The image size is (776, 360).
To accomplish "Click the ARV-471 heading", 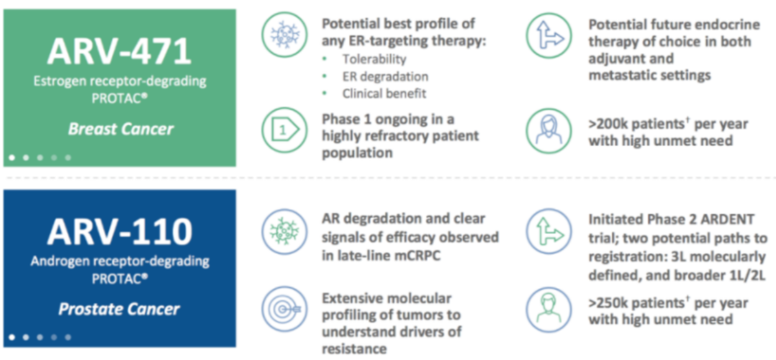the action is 119,52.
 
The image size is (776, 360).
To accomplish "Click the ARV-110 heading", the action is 120,232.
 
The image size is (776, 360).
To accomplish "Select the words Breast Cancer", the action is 120,129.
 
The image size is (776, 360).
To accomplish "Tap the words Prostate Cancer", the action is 119,308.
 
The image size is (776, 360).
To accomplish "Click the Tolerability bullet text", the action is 374,59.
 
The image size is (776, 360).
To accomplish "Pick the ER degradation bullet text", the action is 386,76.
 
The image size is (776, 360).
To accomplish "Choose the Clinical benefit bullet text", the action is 384,94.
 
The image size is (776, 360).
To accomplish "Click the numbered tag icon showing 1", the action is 284,130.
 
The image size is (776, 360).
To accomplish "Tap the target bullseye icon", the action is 284,309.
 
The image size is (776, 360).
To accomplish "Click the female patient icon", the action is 549,131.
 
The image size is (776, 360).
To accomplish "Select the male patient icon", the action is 549,309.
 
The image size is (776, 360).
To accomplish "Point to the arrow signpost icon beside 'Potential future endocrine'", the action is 549,35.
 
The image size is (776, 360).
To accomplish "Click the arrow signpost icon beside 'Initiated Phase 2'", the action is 549,231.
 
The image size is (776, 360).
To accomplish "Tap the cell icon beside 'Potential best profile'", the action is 284,35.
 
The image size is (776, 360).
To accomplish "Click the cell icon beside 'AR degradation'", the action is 284,232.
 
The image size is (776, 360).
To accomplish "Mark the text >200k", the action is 608,124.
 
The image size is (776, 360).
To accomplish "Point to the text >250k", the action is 608,303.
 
